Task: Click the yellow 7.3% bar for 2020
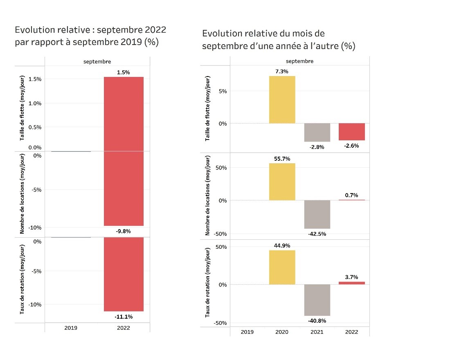click(x=282, y=100)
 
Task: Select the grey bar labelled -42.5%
click(x=317, y=214)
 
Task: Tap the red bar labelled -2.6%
click(x=351, y=132)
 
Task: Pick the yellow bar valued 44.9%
click(x=282, y=267)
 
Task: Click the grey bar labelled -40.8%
click(x=317, y=300)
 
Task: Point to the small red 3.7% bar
click(x=351, y=283)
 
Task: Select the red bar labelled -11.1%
click(x=123, y=274)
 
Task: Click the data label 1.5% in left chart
click(x=123, y=72)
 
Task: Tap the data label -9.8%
click(x=123, y=231)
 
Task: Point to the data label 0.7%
click(x=351, y=195)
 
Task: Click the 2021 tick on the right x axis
click(x=317, y=332)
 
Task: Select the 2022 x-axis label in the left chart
click(x=123, y=328)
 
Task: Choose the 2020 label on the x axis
click(x=282, y=332)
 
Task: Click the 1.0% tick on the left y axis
click(x=35, y=103)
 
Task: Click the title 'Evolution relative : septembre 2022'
click(x=90, y=30)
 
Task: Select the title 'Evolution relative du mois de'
click(x=263, y=34)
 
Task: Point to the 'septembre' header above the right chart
click(x=299, y=61)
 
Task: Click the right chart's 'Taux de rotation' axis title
click(x=207, y=282)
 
